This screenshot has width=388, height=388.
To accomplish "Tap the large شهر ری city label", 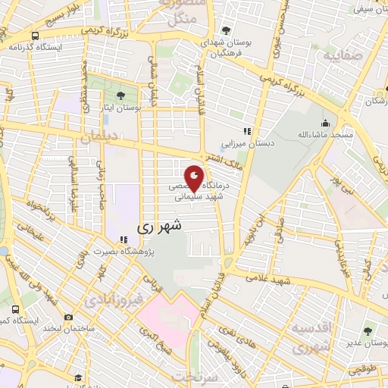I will click(x=160, y=226).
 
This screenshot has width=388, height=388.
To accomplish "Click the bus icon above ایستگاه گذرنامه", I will click(x=35, y=36).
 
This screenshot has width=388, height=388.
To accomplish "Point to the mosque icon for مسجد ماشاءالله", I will click(x=326, y=124).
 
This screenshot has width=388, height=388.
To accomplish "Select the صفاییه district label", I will click(x=338, y=55).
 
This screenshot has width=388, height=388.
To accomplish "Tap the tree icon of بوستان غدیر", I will click(x=368, y=331).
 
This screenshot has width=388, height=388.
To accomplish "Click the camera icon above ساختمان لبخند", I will click(x=69, y=317).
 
